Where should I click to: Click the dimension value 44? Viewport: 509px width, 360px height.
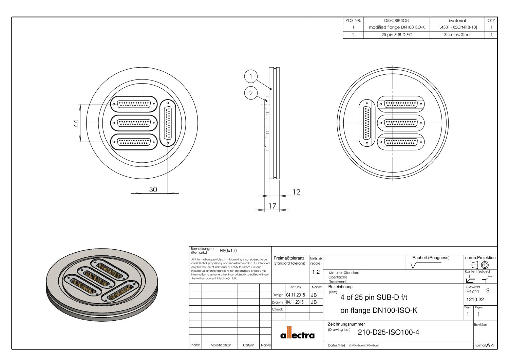pos(76,123)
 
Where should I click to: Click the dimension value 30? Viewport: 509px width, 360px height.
pos(153,190)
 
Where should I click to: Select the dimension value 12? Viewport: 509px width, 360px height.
pos(296,192)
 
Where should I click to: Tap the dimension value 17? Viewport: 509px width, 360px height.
pos(272,206)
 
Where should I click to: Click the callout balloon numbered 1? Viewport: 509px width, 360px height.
pos(251,76)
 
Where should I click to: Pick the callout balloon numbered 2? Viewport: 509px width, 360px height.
pos(251,93)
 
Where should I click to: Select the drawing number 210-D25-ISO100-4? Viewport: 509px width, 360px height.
pos(388,332)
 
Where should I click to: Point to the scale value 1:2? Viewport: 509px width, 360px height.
pos(316,272)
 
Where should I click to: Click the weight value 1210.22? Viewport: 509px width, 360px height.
pos(475,300)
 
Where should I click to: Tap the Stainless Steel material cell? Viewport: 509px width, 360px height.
pos(457,35)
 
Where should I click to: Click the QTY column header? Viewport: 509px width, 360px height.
pos(491,20)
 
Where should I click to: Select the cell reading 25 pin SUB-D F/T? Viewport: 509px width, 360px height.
pos(396,35)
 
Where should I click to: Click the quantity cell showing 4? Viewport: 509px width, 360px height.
pos(491,35)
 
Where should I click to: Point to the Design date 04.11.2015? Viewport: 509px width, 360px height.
pos(295,295)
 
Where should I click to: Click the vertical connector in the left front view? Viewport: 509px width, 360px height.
pos(168,123)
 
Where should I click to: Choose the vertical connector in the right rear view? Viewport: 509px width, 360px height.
pos(367,123)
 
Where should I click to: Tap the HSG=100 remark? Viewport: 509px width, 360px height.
pos(228,251)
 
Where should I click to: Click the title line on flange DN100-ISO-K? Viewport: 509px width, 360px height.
pos(379,310)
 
